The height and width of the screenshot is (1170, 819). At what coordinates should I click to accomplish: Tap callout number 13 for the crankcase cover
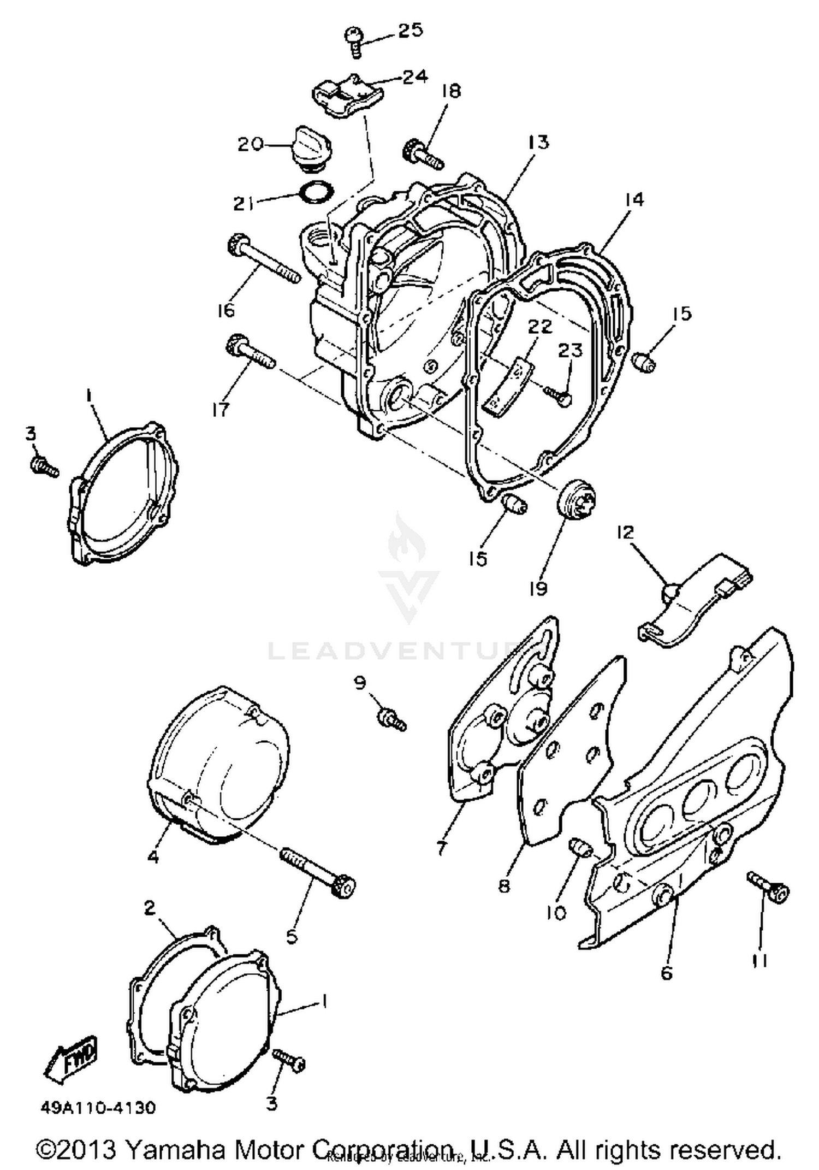pyautogui.click(x=538, y=143)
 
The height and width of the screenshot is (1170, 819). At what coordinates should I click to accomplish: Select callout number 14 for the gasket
pyautogui.click(x=634, y=199)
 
